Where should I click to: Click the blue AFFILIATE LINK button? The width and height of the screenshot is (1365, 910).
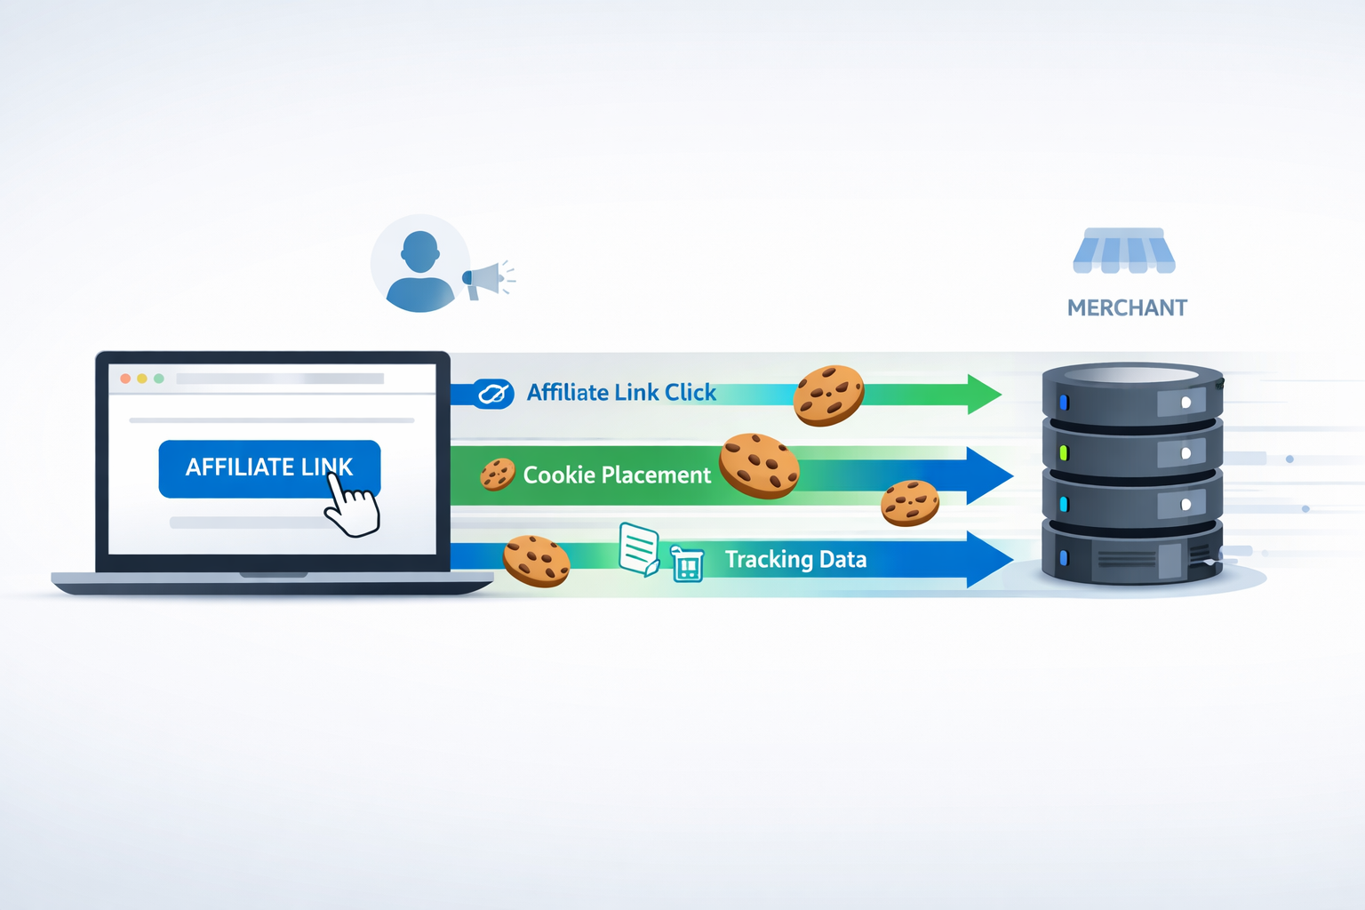coord(240,468)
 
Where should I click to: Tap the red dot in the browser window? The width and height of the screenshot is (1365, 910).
coord(125,379)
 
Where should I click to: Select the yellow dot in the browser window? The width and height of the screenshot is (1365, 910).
coord(142,379)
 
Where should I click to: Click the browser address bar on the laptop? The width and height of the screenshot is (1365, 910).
coord(280,379)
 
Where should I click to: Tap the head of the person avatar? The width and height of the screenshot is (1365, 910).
coord(419,251)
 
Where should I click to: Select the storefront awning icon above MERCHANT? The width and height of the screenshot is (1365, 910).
coord(1124,251)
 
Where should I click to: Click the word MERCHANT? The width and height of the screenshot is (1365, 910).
coord(1127,308)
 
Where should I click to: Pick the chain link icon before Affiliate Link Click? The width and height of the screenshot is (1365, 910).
coord(492,393)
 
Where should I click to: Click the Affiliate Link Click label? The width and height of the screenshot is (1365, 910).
coord(621,393)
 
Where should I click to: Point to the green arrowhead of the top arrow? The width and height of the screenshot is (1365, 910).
coord(983,394)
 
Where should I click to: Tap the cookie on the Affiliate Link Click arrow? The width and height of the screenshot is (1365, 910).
coord(828,395)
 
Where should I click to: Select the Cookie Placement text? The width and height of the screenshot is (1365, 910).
coord(617,475)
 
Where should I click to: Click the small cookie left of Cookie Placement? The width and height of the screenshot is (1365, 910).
coord(498,475)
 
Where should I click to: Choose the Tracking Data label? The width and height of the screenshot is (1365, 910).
coord(795,559)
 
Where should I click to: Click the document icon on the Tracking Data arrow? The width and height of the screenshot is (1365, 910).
coord(639,549)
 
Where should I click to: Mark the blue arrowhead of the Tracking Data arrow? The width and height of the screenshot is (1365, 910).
coord(988,559)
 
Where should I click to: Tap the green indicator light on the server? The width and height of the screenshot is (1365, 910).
coord(1064,453)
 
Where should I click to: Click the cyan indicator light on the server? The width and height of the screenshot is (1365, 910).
coord(1064,505)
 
